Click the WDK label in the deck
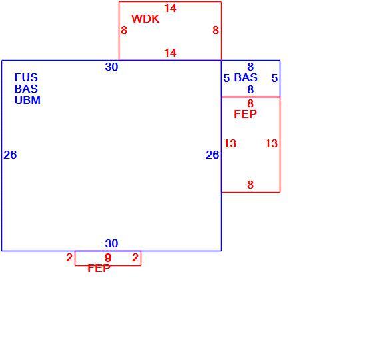(145, 19)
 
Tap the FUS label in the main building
(26, 77)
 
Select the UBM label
(27, 100)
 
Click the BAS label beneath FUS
(26, 89)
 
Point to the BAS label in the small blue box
(246, 77)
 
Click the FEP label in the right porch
(245, 114)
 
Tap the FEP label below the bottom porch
(99, 268)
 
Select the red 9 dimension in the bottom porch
(108, 258)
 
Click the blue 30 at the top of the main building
(111, 67)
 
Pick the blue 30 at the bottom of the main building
(111, 243)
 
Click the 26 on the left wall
(10, 155)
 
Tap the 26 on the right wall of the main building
(212, 155)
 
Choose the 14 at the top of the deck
(170, 9)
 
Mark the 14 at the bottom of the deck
(170, 53)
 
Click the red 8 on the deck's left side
(124, 30)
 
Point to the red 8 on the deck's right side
(216, 30)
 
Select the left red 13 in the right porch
(230, 143)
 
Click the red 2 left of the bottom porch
(69, 257)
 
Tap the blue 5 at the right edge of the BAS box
(274, 78)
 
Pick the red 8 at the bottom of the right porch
(250, 185)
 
